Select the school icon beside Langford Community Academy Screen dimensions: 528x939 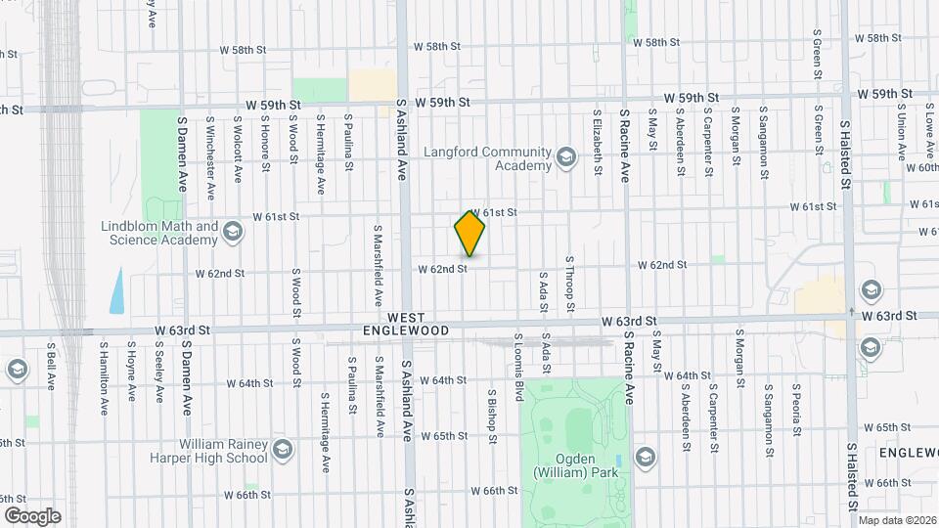point(565,157)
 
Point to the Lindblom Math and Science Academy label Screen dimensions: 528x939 point(159,233)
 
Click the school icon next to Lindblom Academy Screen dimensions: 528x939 point(232,232)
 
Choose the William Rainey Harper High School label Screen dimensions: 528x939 point(207,450)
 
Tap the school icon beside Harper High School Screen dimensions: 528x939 point(283,450)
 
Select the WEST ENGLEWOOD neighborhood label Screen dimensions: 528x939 point(418,325)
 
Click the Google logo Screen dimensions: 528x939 point(31,515)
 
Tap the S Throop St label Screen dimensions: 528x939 point(569,285)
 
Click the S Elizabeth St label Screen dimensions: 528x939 point(596,141)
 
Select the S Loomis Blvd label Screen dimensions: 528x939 point(519,368)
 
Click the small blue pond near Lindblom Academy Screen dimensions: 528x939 point(117,290)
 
